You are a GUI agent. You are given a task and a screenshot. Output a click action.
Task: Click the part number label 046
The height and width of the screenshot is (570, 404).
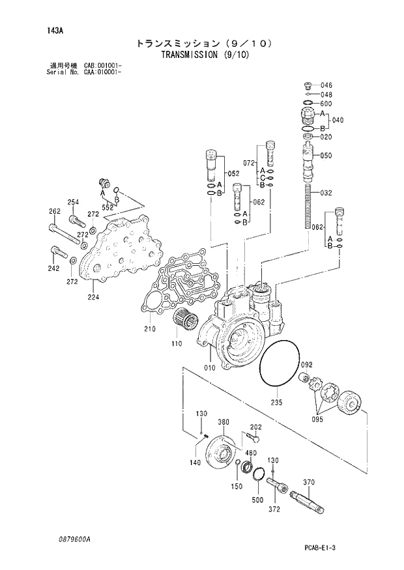tap(326, 85)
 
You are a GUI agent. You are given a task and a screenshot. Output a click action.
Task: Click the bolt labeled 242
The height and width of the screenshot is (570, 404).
tap(54, 268)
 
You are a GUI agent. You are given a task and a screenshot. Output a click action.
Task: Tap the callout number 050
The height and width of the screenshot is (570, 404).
tap(326, 156)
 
